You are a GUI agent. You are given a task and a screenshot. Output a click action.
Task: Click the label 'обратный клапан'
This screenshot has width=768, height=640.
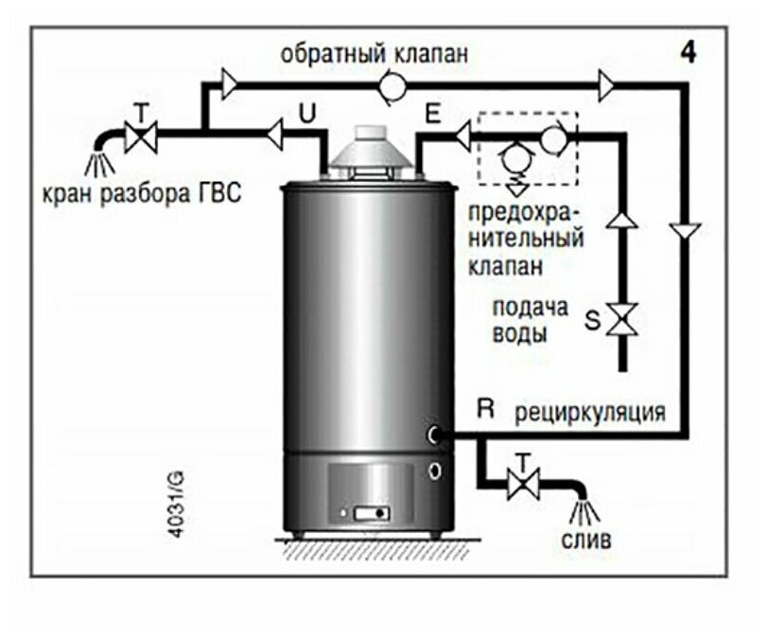374,54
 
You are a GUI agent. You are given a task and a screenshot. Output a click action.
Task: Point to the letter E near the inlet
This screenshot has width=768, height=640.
431,114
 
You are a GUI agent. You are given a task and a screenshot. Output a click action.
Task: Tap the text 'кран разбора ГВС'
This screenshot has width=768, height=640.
142,194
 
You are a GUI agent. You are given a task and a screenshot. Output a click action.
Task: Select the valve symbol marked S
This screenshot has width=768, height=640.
622,318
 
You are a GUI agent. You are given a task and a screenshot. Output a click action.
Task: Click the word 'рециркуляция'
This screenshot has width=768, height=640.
590,414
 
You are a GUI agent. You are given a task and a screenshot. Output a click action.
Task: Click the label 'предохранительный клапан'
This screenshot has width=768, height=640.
525,237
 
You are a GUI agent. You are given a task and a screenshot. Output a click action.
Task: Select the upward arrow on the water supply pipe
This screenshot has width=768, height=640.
622,221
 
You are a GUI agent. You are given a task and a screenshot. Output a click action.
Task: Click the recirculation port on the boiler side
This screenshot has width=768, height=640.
434,434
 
